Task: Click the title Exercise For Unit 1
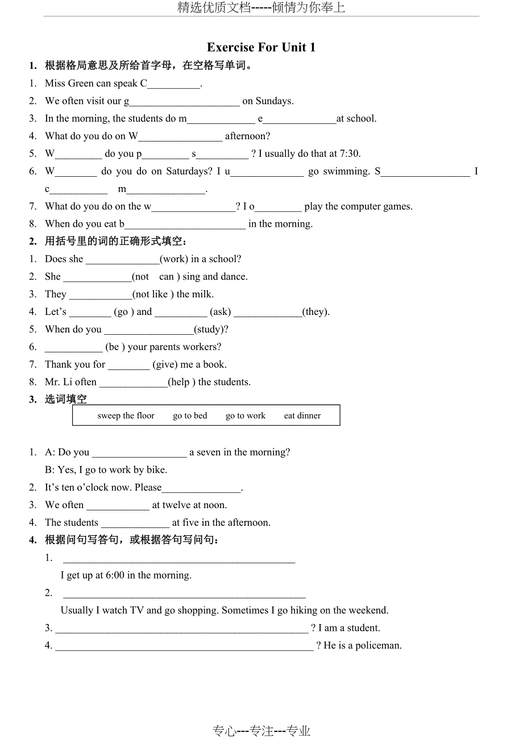click(x=261, y=47)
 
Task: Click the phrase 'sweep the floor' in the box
click(x=126, y=415)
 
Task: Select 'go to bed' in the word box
click(x=190, y=415)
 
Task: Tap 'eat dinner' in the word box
click(x=302, y=415)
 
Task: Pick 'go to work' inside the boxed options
click(x=245, y=415)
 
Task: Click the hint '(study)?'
click(x=211, y=330)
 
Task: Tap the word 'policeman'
click(x=377, y=646)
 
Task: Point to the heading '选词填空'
click(x=66, y=400)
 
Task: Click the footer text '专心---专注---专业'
click(x=261, y=731)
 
